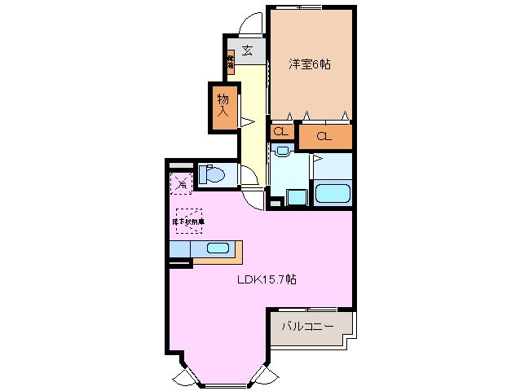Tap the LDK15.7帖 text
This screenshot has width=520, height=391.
(267, 279)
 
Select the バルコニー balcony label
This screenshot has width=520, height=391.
(307, 327)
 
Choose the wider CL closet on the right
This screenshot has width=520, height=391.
(324, 136)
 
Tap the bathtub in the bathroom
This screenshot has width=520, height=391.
(332, 194)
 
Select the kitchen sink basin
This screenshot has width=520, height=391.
(217, 248)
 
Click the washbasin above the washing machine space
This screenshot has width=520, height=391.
(283, 151)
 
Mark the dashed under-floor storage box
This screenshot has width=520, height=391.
(188, 220)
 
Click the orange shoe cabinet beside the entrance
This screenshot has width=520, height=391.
(231, 62)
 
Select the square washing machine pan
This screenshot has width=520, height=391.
(295, 196)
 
